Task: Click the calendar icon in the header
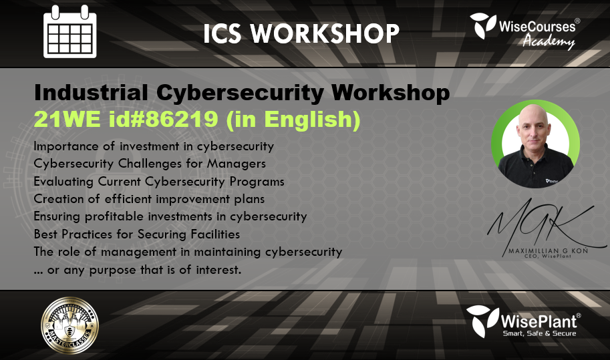[x=69, y=31]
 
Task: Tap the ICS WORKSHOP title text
[x=301, y=33]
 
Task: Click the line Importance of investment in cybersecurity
[x=154, y=145]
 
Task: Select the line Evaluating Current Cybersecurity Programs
[x=159, y=181]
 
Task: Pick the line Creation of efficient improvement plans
[x=149, y=198]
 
